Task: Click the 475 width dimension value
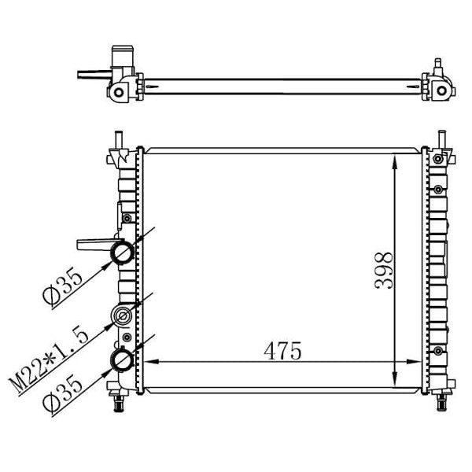tap(282, 351)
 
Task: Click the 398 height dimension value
tap(384, 271)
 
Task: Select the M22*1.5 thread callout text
tap(49, 360)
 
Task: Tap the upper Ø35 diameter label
tap(62, 287)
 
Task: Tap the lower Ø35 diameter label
tap(62, 395)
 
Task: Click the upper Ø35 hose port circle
tap(122, 253)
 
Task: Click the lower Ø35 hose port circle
tap(122, 360)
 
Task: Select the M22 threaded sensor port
tap(122, 316)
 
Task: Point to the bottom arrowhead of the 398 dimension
tap(395, 378)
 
